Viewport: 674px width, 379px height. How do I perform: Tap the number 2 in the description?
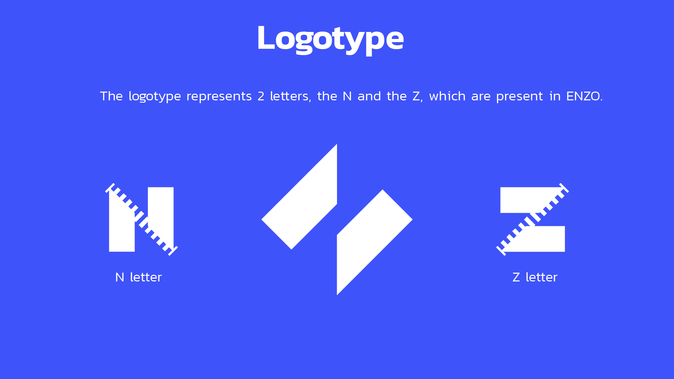click(261, 96)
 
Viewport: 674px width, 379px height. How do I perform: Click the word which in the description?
click(447, 96)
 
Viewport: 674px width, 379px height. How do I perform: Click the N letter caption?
click(138, 277)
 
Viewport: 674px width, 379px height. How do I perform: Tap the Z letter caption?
click(535, 277)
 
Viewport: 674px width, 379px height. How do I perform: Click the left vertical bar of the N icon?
click(122, 228)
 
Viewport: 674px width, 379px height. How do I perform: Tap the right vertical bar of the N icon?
click(161, 214)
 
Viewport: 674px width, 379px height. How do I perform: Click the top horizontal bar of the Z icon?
click(527, 200)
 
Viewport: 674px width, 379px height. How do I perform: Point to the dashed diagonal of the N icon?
click(141, 219)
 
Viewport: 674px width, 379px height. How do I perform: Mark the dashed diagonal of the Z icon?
click(533, 219)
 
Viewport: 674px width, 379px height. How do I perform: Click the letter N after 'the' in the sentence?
click(347, 96)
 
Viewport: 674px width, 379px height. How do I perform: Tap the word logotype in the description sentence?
click(155, 97)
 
